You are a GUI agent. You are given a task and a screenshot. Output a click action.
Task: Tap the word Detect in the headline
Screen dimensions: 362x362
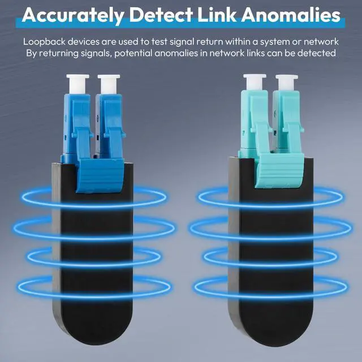point(161,15)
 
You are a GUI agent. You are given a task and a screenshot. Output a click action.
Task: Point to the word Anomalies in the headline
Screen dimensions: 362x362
point(291,15)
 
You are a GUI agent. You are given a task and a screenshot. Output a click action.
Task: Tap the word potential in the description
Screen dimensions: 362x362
point(133,54)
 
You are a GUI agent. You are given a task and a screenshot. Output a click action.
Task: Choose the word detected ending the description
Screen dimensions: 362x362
point(316,53)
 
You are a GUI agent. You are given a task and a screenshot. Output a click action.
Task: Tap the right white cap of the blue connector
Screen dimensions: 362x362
point(109,84)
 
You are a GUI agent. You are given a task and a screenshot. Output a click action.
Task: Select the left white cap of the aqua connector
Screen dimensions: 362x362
point(255,82)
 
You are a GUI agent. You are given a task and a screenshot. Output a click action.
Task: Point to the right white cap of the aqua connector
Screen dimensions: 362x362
point(287,83)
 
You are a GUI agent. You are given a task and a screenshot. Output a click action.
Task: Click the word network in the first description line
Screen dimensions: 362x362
point(321,42)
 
